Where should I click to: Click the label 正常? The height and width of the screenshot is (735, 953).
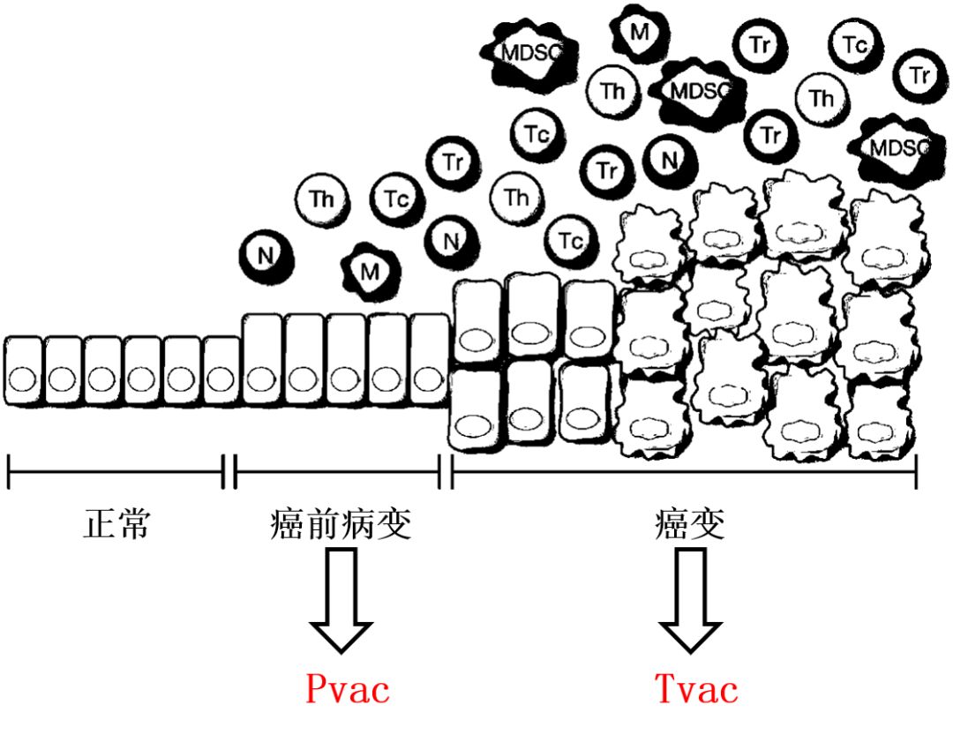point(116,525)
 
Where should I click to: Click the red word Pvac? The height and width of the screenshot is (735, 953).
point(347,689)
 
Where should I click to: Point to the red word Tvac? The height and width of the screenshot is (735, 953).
point(695,689)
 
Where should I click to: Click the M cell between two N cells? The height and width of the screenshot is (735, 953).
point(370,270)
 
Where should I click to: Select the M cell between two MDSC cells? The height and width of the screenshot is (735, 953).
point(639,33)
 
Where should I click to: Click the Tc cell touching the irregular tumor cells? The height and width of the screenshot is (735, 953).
point(570,239)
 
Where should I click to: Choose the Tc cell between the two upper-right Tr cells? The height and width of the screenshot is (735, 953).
point(853,45)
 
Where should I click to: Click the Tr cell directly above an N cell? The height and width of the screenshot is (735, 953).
point(453,162)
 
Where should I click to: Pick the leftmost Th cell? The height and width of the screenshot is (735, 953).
point(321,199)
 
